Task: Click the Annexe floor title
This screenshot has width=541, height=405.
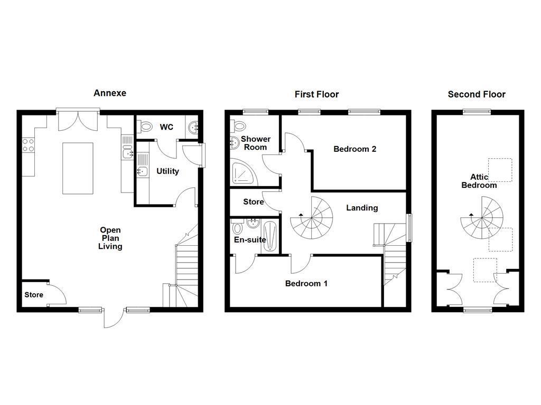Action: (x=110, y=93)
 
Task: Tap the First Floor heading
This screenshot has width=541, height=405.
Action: (x=316, y=94)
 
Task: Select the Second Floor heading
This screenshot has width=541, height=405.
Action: (x=477, y=94)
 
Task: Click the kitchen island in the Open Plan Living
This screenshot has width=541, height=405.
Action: (x=78, y=168)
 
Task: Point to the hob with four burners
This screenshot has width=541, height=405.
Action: (x=29, y=145)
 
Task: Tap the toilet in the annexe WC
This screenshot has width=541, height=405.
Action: (x=143, y=126)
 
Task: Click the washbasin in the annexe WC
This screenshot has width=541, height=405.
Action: (x=194, y=127)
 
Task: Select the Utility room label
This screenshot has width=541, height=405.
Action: (x=167, y=171)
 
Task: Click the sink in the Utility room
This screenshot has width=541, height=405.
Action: (x=142, y=171)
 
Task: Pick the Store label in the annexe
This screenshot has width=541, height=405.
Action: (x=34, y=295)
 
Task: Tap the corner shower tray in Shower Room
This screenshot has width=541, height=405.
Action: (x=242, y=172)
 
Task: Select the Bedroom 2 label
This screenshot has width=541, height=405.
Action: (x=355, y=149)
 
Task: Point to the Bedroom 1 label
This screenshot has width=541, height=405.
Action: (x=306, y=284)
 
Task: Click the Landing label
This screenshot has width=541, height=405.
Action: (x=362, y=208)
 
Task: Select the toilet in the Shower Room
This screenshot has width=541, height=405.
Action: (x=239, y=125)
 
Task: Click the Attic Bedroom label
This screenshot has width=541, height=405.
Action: (x=479, y=181)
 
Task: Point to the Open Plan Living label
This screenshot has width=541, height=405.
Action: (x=110, y=238)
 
